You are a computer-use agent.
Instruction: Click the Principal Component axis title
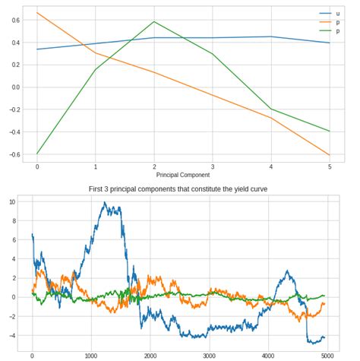pyautogui.click(x=183, y=175)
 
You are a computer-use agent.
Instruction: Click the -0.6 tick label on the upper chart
pyautogui.click(x=12, y=155)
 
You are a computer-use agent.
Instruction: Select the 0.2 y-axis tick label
pyautogui.click(x=14, y=64)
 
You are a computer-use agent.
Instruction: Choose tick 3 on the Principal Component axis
pyautogui.click(x=212, y=166)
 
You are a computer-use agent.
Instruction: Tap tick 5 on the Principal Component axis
pyautogui.click(x=329, y=166)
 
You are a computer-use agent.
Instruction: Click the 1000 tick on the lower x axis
pyautogui.click(x=91, y=355)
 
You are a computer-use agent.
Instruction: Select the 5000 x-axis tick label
pyautogui.click(x=327, y=355)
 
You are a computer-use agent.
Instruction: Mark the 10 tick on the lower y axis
pyautogui.click(x=11, y=202)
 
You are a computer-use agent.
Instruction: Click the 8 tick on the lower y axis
pyautogui.click(x=13, y=221)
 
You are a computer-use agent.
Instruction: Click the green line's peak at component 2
pyautogui.click(x=154, y=21)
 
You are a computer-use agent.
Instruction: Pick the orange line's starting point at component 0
pyautogui.click(x=37, y=13)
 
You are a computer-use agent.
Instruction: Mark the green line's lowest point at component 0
pyautogui.click(x=37, y=154)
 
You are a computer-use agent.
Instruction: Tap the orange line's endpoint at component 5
pyautogui.click(x=329, y=155)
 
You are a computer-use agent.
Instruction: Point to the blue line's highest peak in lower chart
pyautogui.click(x=105, y=203)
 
